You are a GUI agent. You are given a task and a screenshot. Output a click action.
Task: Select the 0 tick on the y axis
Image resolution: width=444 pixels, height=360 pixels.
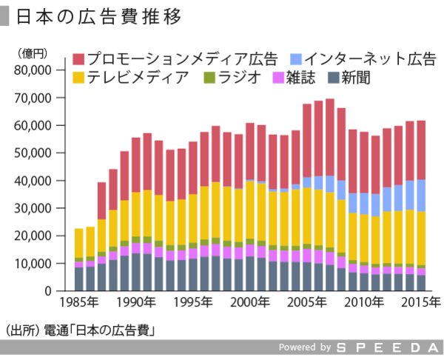click(46, 291)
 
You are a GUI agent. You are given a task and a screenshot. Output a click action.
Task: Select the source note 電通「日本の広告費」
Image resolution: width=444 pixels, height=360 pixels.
click(103, 328)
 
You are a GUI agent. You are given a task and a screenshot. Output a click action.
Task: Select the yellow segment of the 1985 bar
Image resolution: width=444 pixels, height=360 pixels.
click(79, 243)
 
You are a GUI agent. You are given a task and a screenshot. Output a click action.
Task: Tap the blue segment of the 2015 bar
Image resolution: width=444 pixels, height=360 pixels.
click(421, 196)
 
